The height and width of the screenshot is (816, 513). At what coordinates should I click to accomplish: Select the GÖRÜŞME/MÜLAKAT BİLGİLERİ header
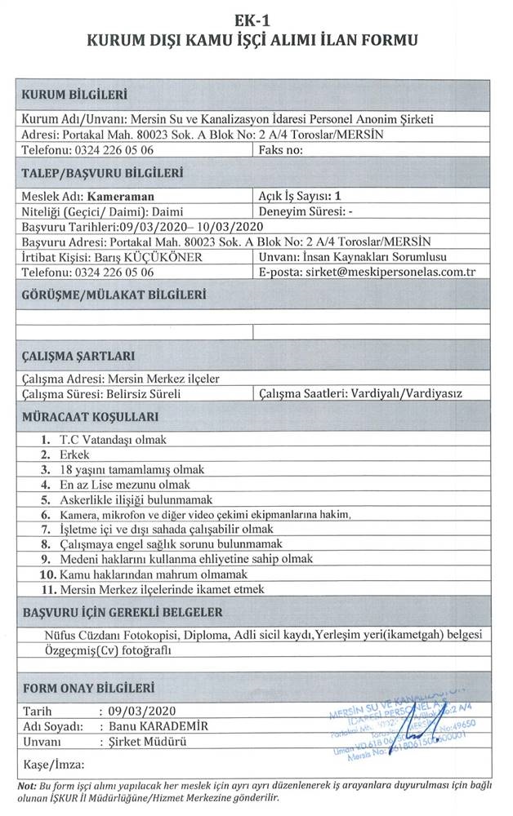pyautogui.click(x=113, y=295)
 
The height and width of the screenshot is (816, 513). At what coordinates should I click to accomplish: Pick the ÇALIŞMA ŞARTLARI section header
pyautogui.click(x=78, y=356)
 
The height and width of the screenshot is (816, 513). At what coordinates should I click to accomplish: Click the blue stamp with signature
pyautogui.click(x=400, y=727)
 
